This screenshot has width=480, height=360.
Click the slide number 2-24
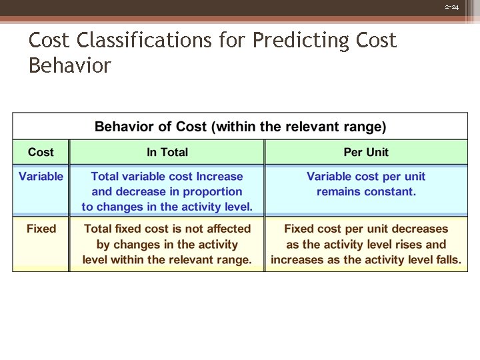pyautogui.click(x=452, y=7)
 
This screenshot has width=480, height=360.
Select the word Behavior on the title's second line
pyautogui.click(x=69, y=65)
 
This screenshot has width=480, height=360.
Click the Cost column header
pyautogui.click(x=41, y=152)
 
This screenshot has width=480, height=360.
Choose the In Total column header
pyautogui.click(x=167, y=152)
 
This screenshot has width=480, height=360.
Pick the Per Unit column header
pyautogui.click(x=366, y=152)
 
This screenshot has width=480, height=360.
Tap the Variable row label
pyautogui.click(x=41, y=177)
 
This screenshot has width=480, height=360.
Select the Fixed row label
pyautogui.click(x=41, y=229)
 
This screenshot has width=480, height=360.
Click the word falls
pyautogui.click(x=446, y=260)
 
